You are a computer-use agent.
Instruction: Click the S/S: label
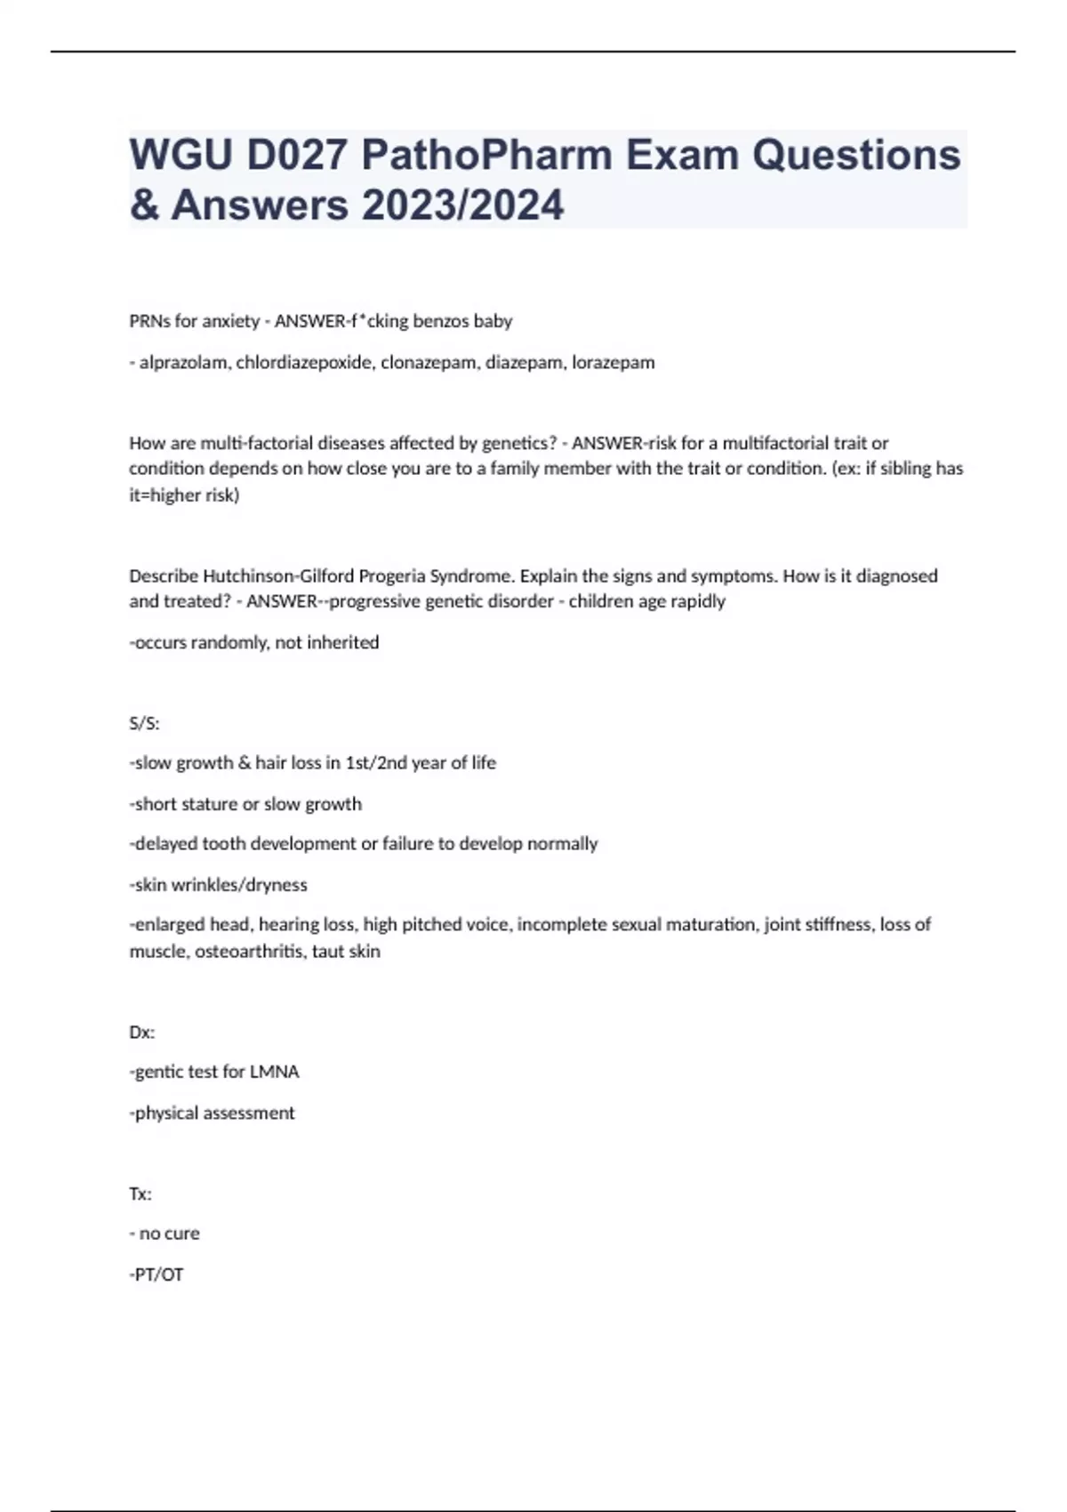click(x=144, y=724)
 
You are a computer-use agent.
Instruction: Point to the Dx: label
click(x=142, y=1033)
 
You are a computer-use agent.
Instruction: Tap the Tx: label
click(x=140, y=1194)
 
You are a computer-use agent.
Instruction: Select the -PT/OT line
click(x=156, y=1275)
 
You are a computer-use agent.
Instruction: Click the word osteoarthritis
click(x=250, y=952)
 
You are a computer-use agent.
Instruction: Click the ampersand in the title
click(x=144, y=205)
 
